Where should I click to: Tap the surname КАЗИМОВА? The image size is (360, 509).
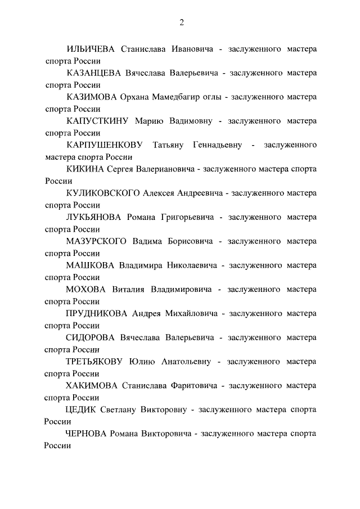click(x=91, y=97)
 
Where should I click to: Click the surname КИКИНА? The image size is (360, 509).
click(x=84, y=169)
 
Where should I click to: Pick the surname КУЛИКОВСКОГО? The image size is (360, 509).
click(x=102, y=193)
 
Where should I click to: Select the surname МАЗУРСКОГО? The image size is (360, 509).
click(x=97, y=241)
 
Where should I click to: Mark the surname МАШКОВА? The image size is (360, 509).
click(x=90, y=265)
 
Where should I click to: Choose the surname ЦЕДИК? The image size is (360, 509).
click(x=81, y=409)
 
